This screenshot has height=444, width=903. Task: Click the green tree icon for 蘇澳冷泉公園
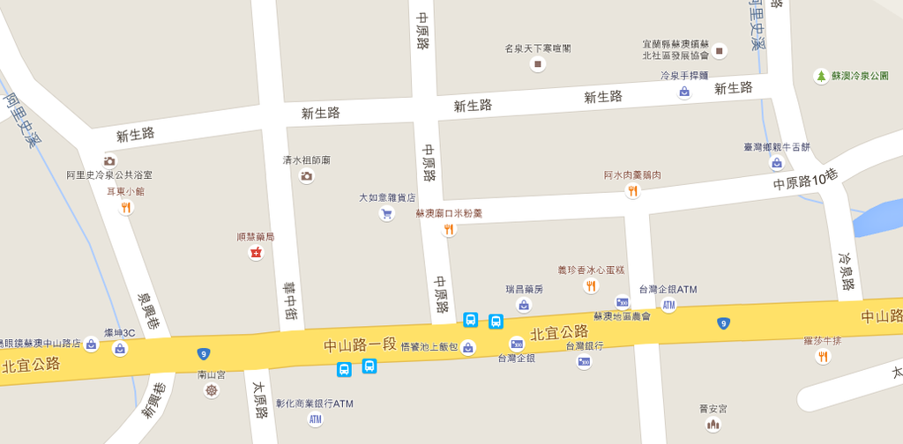[821, 77]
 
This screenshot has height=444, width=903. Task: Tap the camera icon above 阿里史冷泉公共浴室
[109, 160]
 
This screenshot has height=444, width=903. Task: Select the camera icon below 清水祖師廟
[306, 176]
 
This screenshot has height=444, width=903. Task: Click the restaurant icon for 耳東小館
[125, 208]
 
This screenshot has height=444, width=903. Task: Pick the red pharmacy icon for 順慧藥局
[256, 254]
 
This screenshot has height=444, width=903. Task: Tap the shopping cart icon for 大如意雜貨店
[386, 213]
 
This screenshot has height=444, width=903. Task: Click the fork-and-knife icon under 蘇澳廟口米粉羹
[449, 230]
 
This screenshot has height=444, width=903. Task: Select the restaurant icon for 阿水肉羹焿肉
[632, 191]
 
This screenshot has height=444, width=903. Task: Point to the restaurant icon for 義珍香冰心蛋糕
[590, 285]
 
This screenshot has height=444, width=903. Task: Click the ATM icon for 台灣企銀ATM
[668, 305]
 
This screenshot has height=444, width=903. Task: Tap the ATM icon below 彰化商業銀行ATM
[315, 419]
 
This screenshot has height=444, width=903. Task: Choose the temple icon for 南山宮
[211, 389]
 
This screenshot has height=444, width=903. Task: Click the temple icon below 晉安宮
[713, 424]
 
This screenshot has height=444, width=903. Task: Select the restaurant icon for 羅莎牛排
[823, 356]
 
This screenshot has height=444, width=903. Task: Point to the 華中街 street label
[290, 300]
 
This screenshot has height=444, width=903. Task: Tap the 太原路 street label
[260, 399]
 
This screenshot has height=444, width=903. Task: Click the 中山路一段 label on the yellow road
[360, 344]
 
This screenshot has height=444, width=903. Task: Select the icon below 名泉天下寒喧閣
[537, 63]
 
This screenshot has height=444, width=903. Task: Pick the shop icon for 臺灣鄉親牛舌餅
[776, 163]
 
